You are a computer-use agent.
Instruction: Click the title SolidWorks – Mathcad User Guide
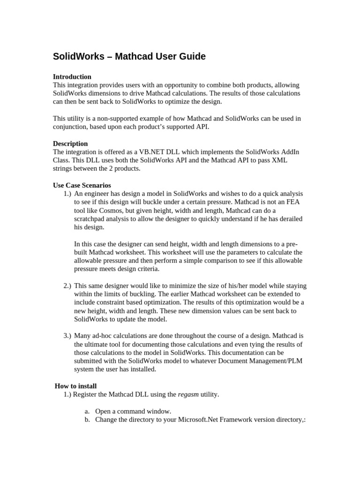pos(129,57)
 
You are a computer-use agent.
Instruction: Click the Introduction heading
pos(72,76)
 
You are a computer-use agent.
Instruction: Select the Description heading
pos(70,143)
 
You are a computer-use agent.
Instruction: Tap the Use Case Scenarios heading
pos(82,185)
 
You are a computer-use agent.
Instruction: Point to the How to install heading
pos(76,386)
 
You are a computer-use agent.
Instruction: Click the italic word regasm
pos(188,394)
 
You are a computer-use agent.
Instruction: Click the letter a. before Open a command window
pos(87,411)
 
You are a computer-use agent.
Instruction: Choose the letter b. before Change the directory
pos(87,420)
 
